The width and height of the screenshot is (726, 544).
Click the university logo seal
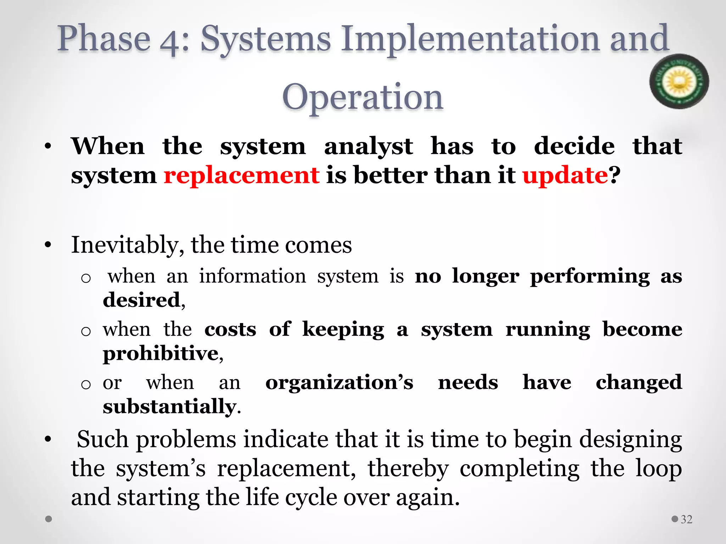point(679,81)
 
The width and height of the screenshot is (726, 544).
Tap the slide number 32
point(687,519)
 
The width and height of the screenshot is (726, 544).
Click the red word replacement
point(241,175)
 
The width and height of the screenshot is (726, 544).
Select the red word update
point(565,175)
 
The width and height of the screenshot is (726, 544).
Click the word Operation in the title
point(363,97)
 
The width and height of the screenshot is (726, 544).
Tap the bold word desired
point(142,300)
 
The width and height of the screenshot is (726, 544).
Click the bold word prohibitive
point(161,353)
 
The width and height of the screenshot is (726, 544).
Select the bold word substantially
point(169,406)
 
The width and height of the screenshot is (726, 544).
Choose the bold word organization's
point(339,382)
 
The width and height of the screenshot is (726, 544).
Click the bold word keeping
point(343,329)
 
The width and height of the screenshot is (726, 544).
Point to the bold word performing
point(590,276)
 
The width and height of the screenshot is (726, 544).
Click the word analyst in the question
point(368,146)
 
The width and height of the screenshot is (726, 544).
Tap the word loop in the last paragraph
point(658,469)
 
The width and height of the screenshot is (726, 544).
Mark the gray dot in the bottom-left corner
point(49,519)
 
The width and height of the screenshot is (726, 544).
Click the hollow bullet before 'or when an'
point(86,384)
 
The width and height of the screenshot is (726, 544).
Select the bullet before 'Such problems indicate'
point(48,439)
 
